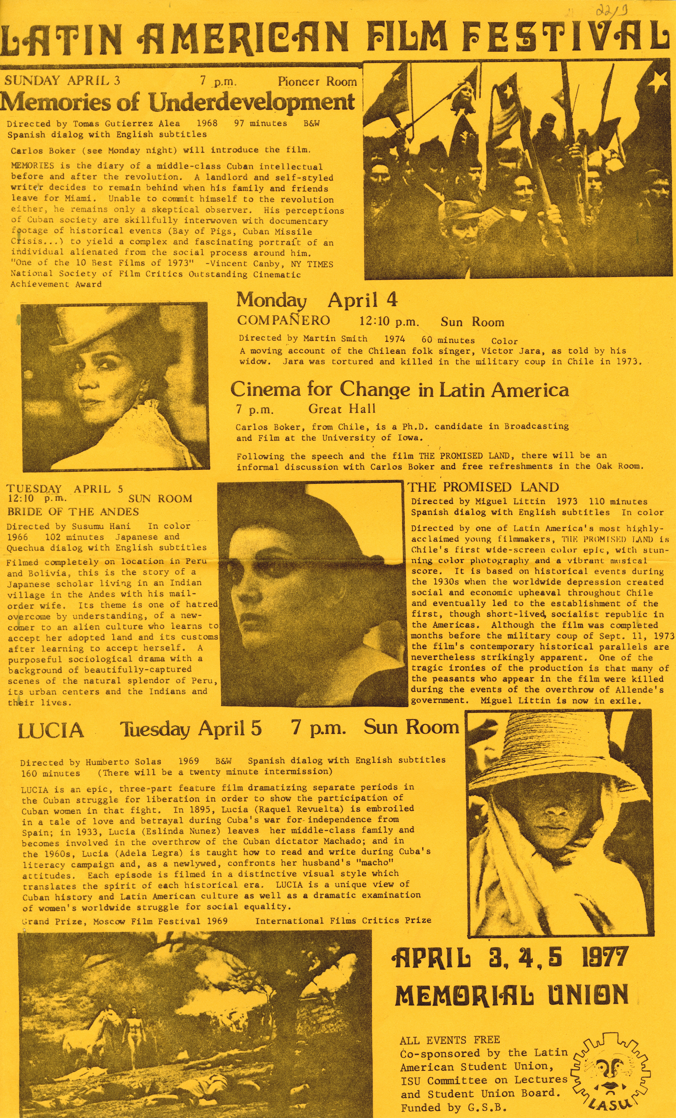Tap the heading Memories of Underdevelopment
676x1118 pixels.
177,102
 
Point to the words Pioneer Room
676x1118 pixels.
317,82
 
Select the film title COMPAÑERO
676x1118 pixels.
283,320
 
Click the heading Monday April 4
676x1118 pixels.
316,300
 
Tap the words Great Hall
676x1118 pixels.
342,409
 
